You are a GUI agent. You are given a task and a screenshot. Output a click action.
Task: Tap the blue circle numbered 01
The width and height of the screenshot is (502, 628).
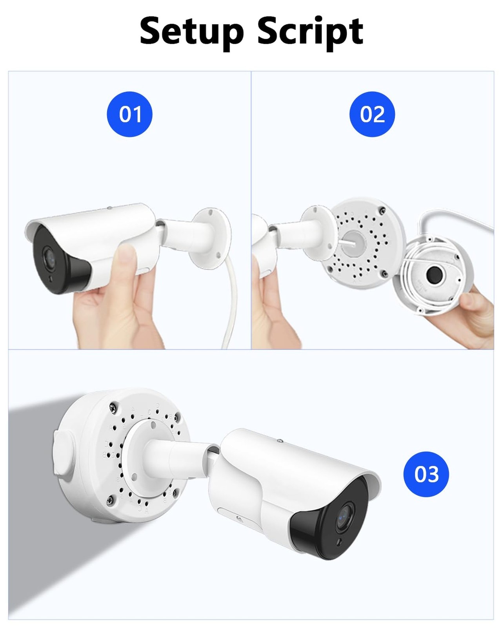click(130, 114)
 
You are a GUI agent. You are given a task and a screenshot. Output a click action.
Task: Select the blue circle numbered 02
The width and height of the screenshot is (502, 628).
click(372, 114)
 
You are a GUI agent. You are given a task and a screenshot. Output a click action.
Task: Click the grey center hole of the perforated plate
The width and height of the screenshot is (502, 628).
click(353, 243)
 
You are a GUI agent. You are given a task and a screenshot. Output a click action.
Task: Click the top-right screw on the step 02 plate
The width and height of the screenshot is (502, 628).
click(382, 209)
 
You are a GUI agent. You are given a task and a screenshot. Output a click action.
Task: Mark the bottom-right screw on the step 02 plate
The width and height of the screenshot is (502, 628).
click(385, 274)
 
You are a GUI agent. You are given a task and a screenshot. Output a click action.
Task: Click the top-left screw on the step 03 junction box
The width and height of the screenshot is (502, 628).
click(113, 409)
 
